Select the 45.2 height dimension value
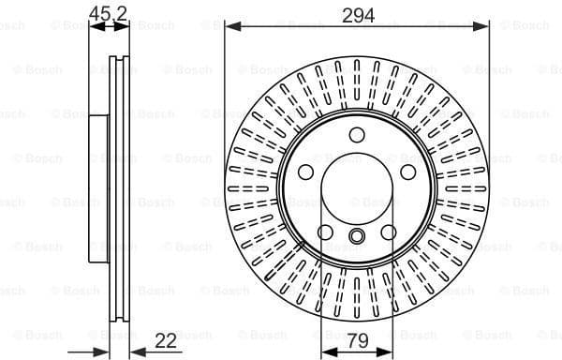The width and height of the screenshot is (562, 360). tap(109, 12)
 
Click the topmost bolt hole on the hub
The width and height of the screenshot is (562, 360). tap(357, 134)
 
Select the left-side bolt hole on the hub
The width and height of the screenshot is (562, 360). tap(305, 172)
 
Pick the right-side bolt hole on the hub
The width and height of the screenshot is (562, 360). tap(408, 172)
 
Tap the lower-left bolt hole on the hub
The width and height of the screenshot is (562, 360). tap(325, 232)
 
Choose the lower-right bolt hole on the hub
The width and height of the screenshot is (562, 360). tap(389, 232)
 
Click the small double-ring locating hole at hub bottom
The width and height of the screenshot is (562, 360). tap(357, 235)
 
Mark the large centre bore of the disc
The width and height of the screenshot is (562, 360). tap(357, 188)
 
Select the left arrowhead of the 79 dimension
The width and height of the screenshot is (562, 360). tap(325, 352)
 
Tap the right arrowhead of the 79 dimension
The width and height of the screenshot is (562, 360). tap(389, 352)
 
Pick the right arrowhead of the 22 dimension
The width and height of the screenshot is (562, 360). tap(133, 352)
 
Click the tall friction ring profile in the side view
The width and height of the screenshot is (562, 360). tap(119, 187)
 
